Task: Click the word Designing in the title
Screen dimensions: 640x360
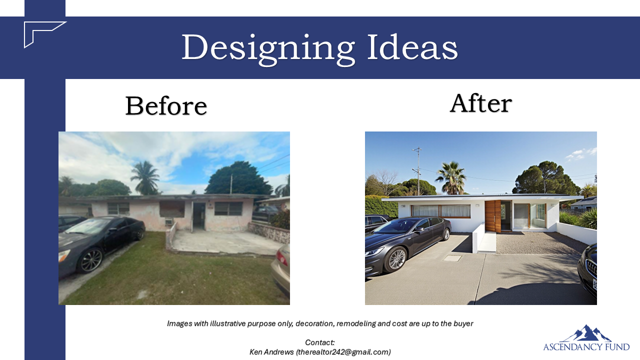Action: [x=268, y=48]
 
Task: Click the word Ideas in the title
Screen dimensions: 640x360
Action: [x=412, y=46]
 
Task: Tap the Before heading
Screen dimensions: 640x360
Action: [x=166, y=105]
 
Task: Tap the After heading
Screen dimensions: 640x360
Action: [x=481, y=103]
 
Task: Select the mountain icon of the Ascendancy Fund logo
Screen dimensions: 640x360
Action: [x=586, y=333]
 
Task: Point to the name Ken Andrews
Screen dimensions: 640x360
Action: [x=271, y=351]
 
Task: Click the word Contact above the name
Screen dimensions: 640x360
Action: [x=319, y=342]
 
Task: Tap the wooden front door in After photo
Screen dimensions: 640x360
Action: [x=492, y=216]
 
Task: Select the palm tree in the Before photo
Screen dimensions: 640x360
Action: [x=145, y=177]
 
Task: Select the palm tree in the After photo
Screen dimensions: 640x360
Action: [x=451, y=177]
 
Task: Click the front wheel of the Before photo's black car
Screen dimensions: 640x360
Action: [x=91, y=260]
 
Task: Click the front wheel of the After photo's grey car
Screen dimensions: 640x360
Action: [x=395, y=259]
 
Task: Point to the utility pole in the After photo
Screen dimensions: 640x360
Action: [x=418, y=171]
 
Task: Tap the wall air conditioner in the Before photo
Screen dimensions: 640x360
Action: [x=168, y=221]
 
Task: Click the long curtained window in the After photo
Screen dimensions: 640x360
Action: [x=441, y=211]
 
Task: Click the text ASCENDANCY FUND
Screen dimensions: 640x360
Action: [x=586, y=347]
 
